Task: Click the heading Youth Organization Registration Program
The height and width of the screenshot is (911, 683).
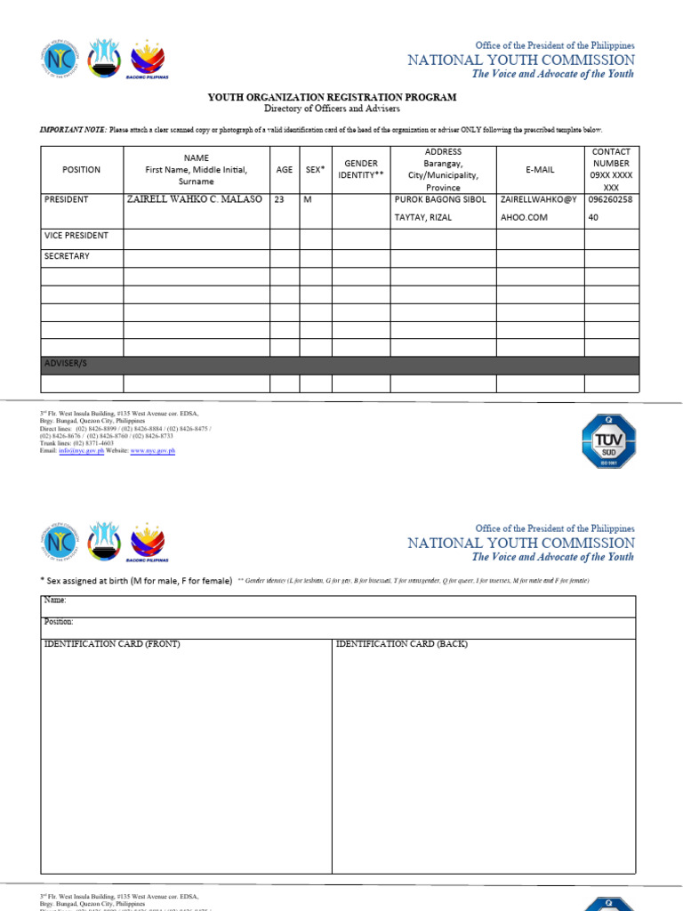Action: pos(332,97)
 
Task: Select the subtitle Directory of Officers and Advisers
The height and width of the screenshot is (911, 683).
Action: pos(332,109)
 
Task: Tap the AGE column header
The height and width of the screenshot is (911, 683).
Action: pos(284,170)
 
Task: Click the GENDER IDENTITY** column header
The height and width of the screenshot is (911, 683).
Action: pos(361,170)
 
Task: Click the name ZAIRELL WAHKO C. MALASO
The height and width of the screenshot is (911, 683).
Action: pos(195,200)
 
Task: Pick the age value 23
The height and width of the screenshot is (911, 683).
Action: pos(279,200)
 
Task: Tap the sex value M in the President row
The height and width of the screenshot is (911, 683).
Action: pos(308,200)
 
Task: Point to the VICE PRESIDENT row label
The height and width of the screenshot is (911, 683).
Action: pos(76,236)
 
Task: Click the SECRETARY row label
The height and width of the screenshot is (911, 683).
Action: pos(67,256)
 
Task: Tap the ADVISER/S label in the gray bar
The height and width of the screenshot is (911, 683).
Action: pos(66,365)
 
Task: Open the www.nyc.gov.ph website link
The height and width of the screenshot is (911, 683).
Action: pos(153,451)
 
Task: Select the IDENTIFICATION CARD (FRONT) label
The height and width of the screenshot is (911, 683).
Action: pos(112,644)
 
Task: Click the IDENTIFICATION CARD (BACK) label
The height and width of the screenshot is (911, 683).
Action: pos(401,644)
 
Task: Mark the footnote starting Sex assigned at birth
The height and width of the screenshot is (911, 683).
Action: pos(137,581)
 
